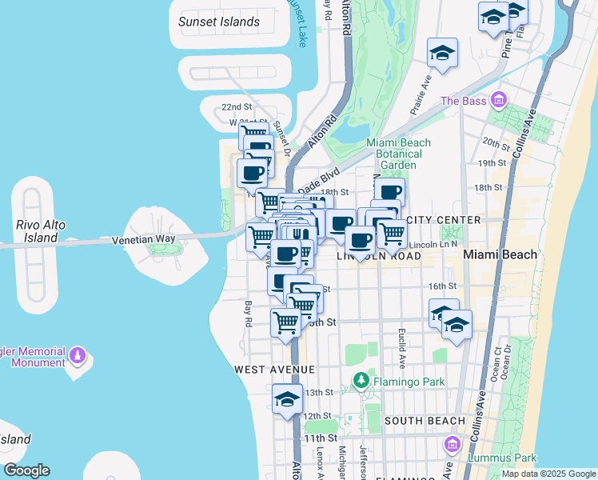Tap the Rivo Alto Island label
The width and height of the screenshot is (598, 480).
41,231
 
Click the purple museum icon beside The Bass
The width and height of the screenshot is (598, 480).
500,101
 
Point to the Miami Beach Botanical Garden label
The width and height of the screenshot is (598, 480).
398,154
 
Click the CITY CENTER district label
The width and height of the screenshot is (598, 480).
443,220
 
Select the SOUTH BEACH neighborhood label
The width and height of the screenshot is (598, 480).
424,421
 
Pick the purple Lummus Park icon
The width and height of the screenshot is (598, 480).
452,444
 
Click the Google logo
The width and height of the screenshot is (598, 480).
26,470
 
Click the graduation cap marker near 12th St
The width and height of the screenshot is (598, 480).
287,399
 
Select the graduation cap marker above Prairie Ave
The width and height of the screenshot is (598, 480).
442,53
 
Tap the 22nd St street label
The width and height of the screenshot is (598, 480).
237,107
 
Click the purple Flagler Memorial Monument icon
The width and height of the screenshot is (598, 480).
78,354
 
